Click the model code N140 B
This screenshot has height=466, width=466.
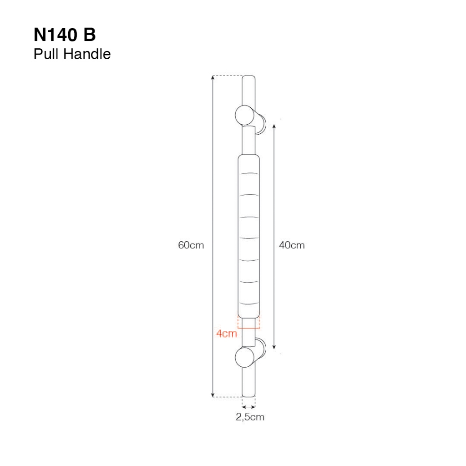(x=65, y=35)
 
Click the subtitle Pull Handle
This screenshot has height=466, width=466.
(x=72, y=54)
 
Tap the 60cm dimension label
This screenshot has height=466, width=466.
(x=191, y=245)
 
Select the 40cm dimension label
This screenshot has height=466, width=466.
(x=292, y=245)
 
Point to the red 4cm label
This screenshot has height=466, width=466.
(x=227, y=334)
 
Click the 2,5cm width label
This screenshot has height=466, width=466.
(x=250, y=417)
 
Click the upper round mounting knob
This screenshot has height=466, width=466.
(x=244, y=115)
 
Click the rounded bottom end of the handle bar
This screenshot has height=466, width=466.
(x=249, y=395)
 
